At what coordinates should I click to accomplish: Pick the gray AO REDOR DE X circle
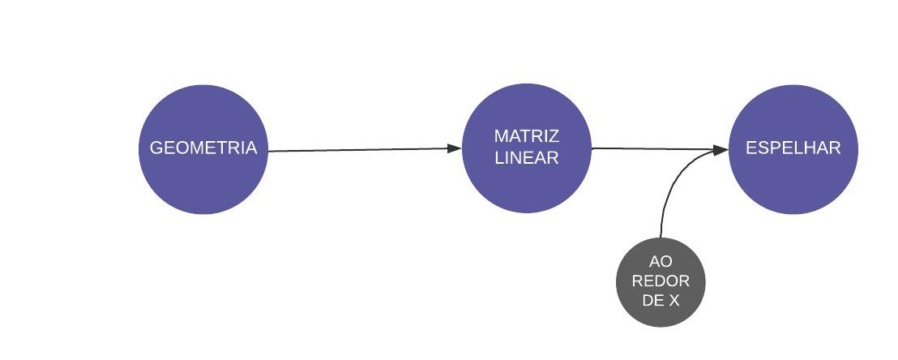tap(661, 311)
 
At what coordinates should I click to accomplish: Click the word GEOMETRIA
tap(203, 148)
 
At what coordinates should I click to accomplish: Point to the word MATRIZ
tap(527, 136)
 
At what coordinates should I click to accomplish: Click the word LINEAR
tap(527, 158)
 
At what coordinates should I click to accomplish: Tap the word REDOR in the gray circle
tap(661, 281)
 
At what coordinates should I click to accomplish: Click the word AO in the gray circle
tap(661, 263)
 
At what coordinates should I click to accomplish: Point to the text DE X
tap(661, 300)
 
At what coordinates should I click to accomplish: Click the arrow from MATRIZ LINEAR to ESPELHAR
tap(648, 148)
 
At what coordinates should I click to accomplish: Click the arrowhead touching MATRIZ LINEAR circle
tap(454, 148)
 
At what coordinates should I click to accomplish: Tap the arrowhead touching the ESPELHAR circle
tap(721, 149)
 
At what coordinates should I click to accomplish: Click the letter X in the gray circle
tap(673, 300)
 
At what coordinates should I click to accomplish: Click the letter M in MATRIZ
tap(500, 136)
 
